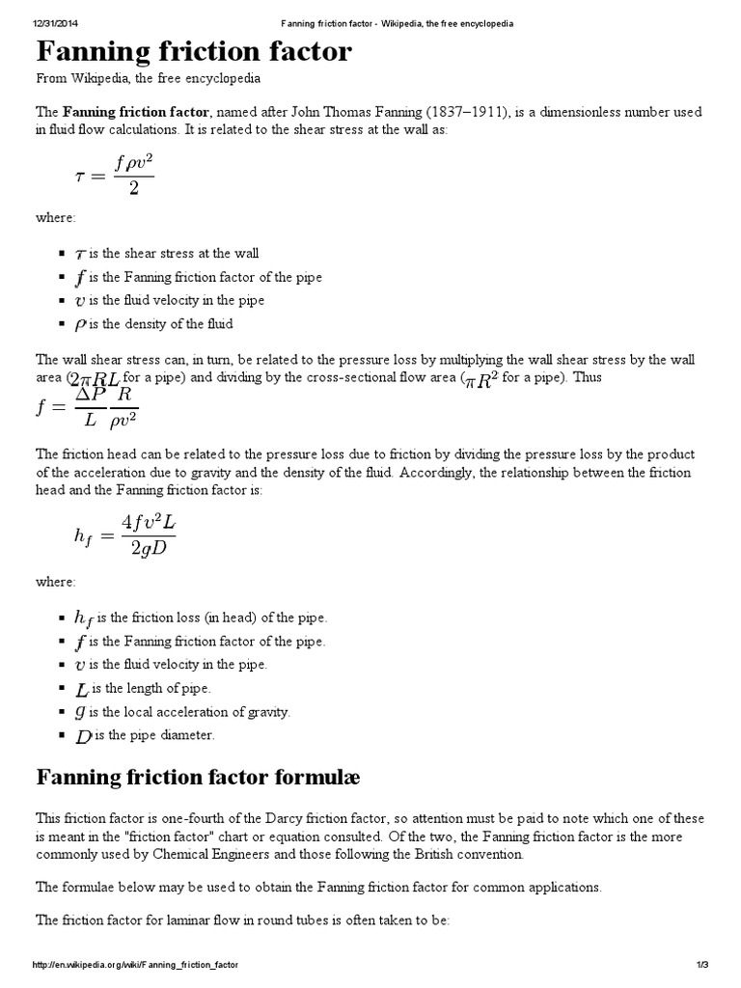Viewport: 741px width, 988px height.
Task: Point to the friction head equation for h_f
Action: click(x=125, y=535)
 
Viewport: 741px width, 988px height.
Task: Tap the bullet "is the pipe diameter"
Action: click(x=152, y=735)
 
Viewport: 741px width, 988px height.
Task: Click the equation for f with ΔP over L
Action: click(x=87, y=405)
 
